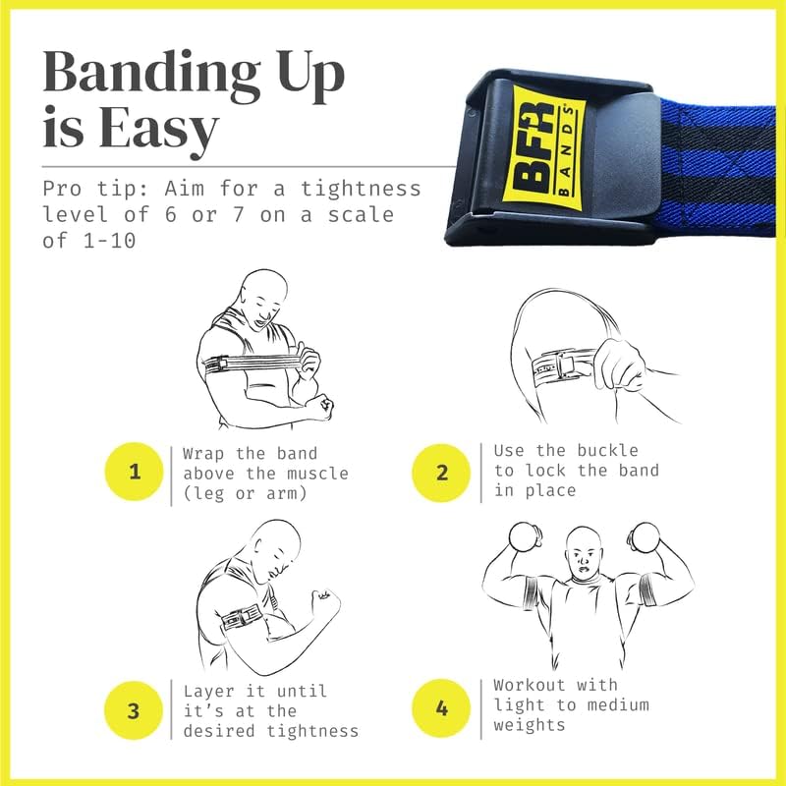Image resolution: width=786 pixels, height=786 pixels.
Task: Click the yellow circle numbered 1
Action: coord(134,472)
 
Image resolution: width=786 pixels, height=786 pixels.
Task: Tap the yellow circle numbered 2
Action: coord(442,472)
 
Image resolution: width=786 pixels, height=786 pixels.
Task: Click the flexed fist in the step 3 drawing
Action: coord(323,600)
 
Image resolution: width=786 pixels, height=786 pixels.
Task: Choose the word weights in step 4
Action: coord(531,725)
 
